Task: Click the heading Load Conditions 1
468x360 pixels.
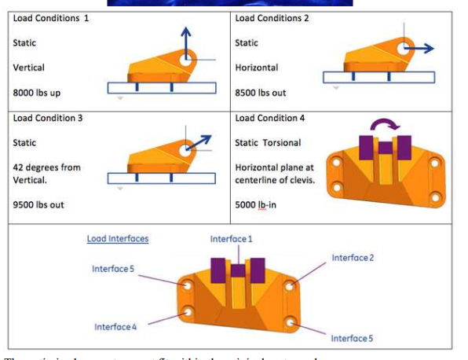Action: click(49, 19)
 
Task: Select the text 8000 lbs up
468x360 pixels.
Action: click(37, 93)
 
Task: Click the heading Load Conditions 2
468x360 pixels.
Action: click(272, 19)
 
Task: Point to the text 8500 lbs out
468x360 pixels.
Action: click(261, 93)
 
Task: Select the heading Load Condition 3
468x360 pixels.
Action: click(48, 118)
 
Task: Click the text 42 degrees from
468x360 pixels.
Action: click(47, 167)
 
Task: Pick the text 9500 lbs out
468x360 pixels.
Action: click(38, 204)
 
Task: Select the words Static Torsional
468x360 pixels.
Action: click(272, 142)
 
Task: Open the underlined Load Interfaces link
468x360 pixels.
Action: click(117, 238)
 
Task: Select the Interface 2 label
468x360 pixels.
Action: click(353, 257)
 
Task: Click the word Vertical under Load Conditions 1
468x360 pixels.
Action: click(29, 68)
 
